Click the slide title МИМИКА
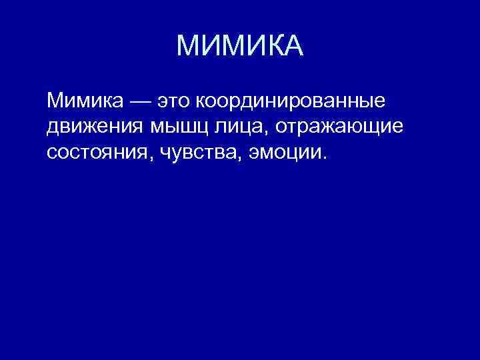(240, 46)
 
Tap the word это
(173, 102)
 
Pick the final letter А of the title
(292, 46)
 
